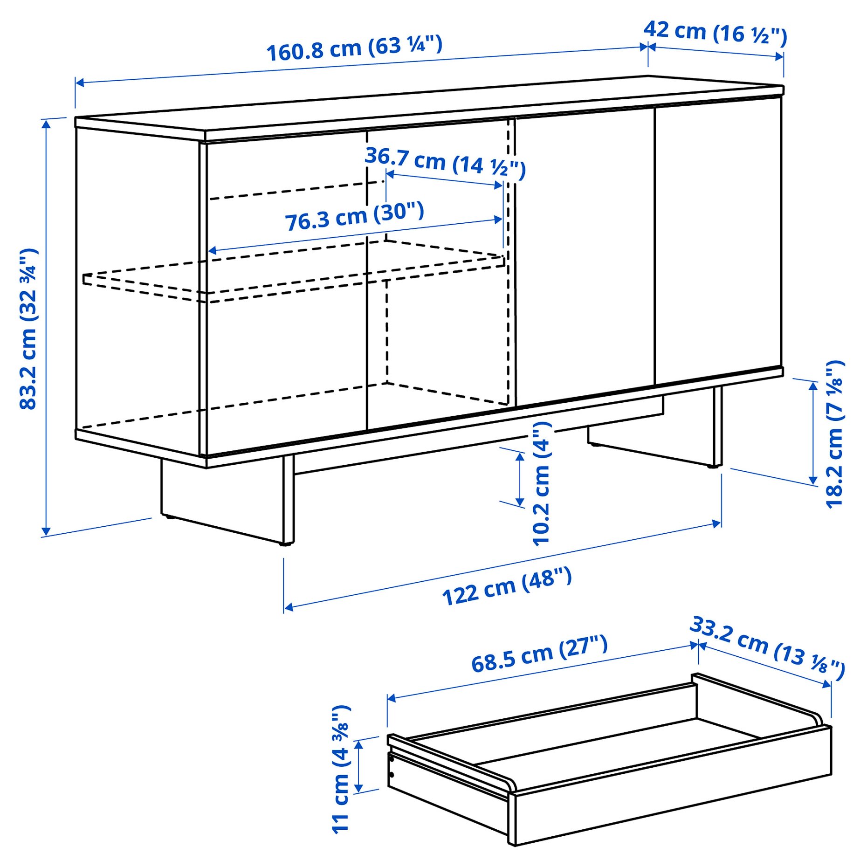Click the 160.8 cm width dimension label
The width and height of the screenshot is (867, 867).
click(354, 48)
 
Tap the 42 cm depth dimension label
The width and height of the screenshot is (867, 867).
click(715, 33)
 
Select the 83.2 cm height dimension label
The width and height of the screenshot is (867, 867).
click(29, 329)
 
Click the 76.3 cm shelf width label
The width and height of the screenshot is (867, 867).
click(354, 216)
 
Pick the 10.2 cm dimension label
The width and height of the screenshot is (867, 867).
click(542, 483)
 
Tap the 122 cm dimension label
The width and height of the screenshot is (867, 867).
click(507, 586)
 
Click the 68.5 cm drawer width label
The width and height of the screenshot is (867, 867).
click(539, 654)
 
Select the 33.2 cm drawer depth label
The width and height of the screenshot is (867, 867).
click(767, 648)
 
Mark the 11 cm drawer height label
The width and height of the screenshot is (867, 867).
click(341, 769)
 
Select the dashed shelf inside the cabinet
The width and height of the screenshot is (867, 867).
click(294, 275)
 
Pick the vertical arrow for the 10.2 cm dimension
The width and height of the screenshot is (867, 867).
click(520, 479)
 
